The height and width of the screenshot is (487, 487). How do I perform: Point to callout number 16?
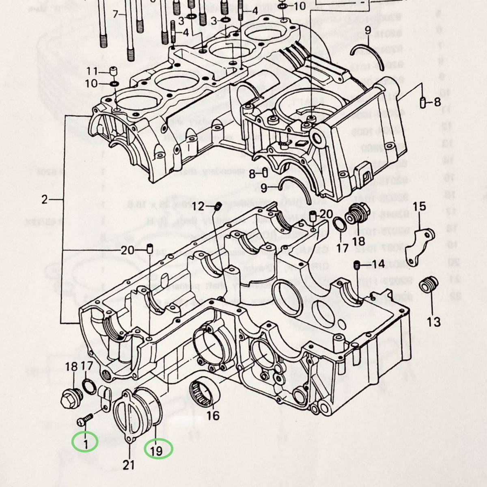click(213, 415)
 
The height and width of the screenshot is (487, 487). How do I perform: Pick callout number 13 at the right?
click(433, 322)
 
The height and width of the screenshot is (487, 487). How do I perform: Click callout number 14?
click(378, 264)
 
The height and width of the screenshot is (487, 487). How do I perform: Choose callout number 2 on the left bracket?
click(45, 199)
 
